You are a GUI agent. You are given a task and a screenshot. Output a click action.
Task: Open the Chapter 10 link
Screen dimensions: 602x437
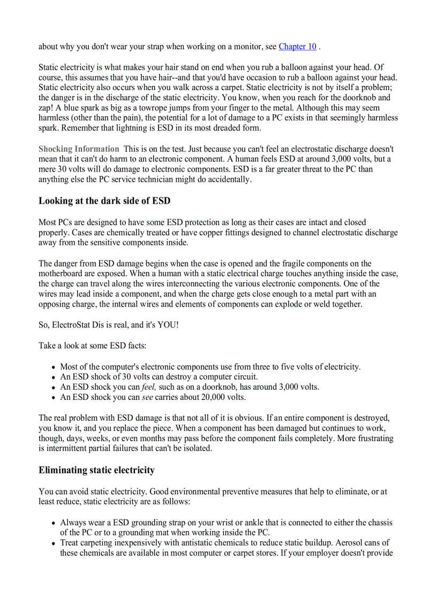point(297,47)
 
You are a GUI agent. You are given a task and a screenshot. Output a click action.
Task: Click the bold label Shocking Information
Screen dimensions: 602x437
point(79,149)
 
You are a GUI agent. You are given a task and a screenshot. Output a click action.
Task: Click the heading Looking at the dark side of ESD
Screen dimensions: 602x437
point(104,201)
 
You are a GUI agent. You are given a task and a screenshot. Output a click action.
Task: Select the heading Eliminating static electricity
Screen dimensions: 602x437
point(96,470)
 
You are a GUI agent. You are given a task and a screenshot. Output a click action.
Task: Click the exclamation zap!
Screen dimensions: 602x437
point(47,108)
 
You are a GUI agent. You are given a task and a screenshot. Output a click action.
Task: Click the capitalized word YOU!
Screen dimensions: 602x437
point(168,325)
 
